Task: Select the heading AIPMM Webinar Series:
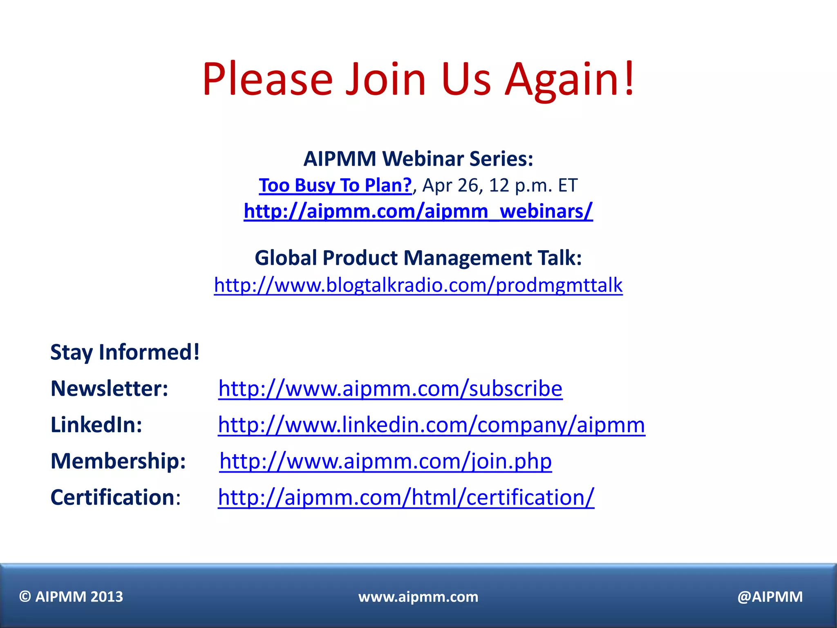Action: pos(418,159)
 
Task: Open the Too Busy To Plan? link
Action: pos(335,185)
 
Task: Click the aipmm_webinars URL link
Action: pos(418,211)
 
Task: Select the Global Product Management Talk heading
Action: pos(418,258)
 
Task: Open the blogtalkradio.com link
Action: pos(418,285)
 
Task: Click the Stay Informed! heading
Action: pos(125,352)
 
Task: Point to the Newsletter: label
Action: pos(109,388)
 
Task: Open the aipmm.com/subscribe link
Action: pos(390,388)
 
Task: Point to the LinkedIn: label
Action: pos(96,424)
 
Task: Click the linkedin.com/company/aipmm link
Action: pos(431,425)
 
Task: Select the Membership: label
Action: pos(118,461)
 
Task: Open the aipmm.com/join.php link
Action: pos(385,461)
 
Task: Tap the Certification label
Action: pos(113,497)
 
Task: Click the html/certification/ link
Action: pos(406,498)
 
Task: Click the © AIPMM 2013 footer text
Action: pos(71,597)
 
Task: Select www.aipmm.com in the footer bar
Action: pos(418,597)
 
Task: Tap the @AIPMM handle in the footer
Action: pos(770,597)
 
